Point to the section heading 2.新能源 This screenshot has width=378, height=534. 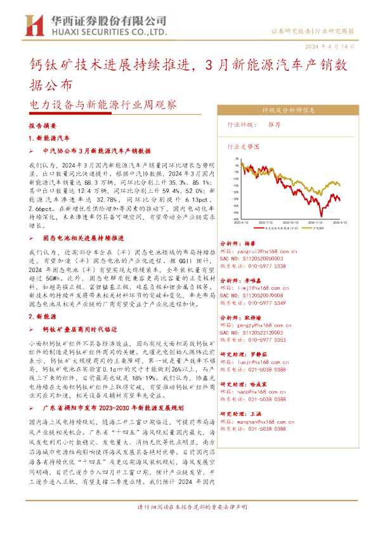coord(44,315)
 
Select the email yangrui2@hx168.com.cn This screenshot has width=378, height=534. coord(252,251)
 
